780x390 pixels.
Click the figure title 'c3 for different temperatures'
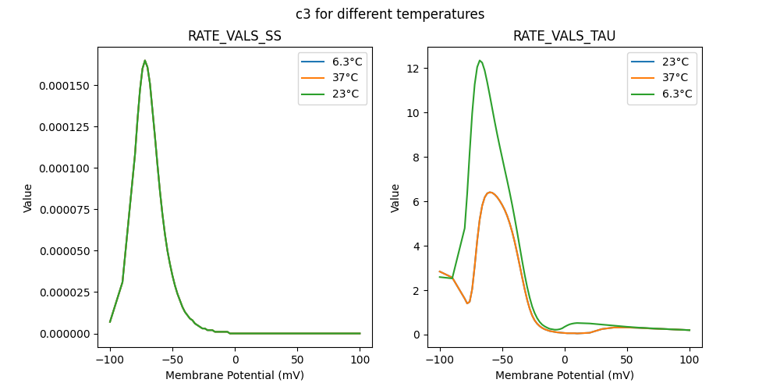[390, 14]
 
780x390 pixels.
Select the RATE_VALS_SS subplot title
[235, 37]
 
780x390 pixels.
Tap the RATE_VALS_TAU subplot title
[564, 37]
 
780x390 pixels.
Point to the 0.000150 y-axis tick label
[66, 85]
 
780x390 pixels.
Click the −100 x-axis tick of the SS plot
[110, 360]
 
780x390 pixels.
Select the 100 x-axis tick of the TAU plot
[690, 360]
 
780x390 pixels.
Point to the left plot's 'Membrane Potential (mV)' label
[235, 375]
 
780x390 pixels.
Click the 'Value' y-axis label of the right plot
[395, 198]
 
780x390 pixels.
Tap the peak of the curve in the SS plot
[144, 61]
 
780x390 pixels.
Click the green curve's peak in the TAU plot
[480, 61]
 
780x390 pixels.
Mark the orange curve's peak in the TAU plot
[490, 192]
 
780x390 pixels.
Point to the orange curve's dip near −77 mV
[467, 303]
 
